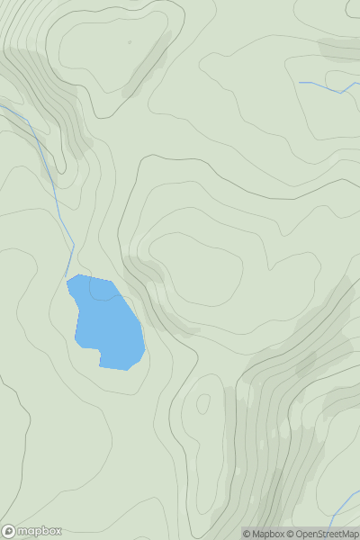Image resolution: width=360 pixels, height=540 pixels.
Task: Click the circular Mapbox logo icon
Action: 8,531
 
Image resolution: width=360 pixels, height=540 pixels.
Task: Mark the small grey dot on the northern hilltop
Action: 129,41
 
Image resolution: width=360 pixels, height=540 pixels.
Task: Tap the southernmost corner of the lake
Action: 126,369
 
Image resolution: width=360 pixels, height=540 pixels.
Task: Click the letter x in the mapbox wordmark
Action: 57,531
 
